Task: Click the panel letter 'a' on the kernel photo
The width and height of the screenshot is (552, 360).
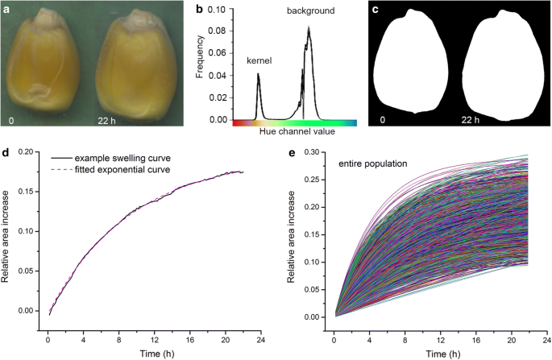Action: (x=7, y=9)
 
